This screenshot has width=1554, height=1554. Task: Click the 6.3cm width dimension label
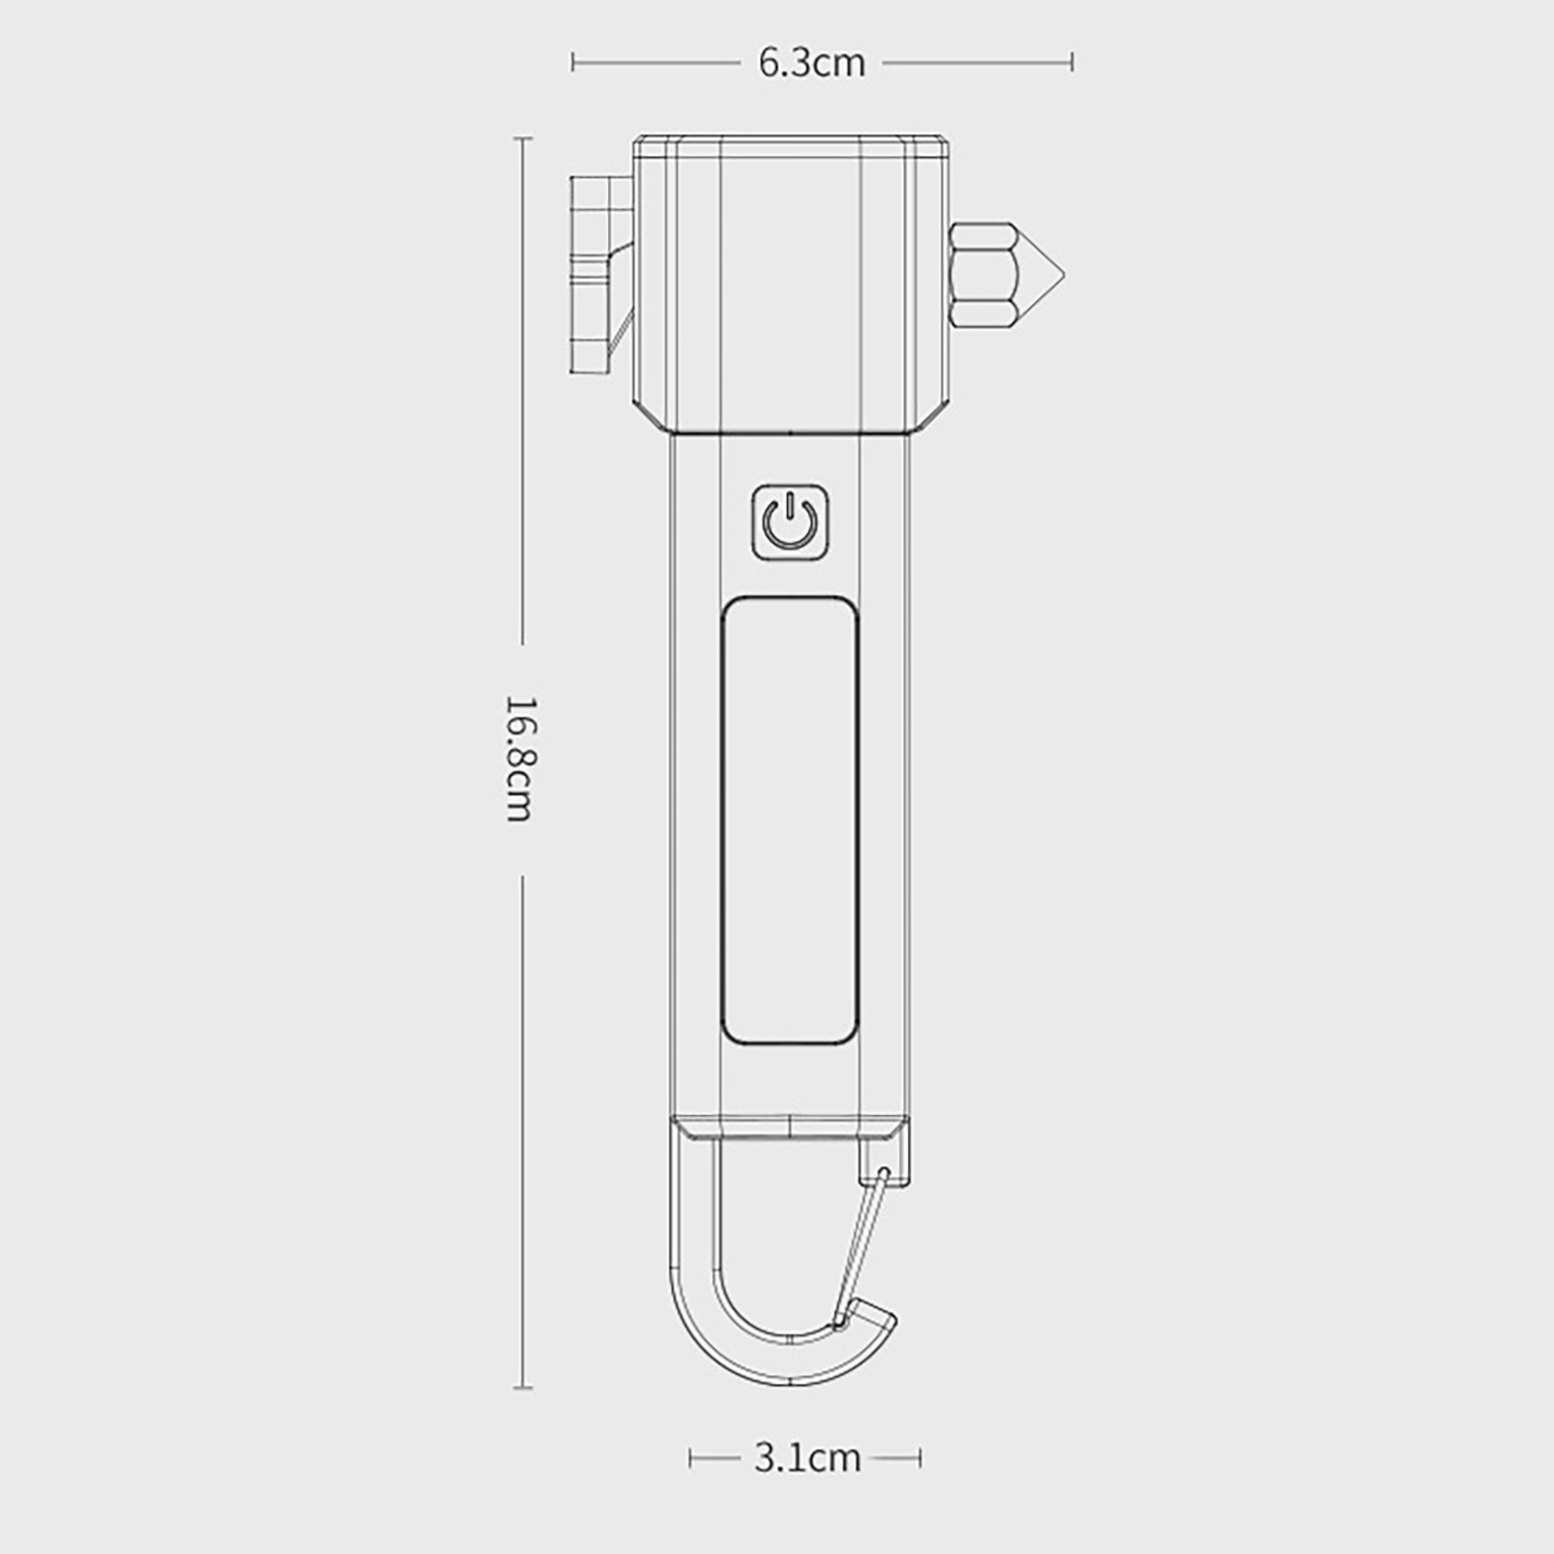pos(811,63)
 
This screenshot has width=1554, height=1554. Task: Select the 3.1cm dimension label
pos(806,1458)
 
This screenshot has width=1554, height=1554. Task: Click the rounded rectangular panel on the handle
pos(791,821)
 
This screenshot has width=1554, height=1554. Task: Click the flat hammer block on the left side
pos(591,275)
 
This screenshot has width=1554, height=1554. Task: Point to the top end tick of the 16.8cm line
pos(523,138)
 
